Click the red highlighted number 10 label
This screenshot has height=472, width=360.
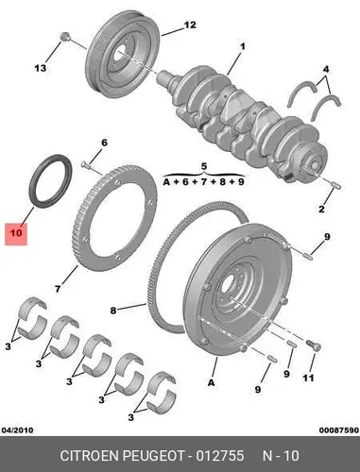16,233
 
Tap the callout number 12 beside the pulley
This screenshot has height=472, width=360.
190,25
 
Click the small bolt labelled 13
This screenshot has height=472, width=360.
65,36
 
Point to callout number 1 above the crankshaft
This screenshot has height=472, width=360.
243,47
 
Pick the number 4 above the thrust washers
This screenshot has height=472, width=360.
326,69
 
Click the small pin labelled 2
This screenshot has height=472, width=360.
336,186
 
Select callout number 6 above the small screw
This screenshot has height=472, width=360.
104,143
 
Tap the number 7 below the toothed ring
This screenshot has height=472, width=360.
58,288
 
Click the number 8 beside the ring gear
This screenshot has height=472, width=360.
113,311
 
